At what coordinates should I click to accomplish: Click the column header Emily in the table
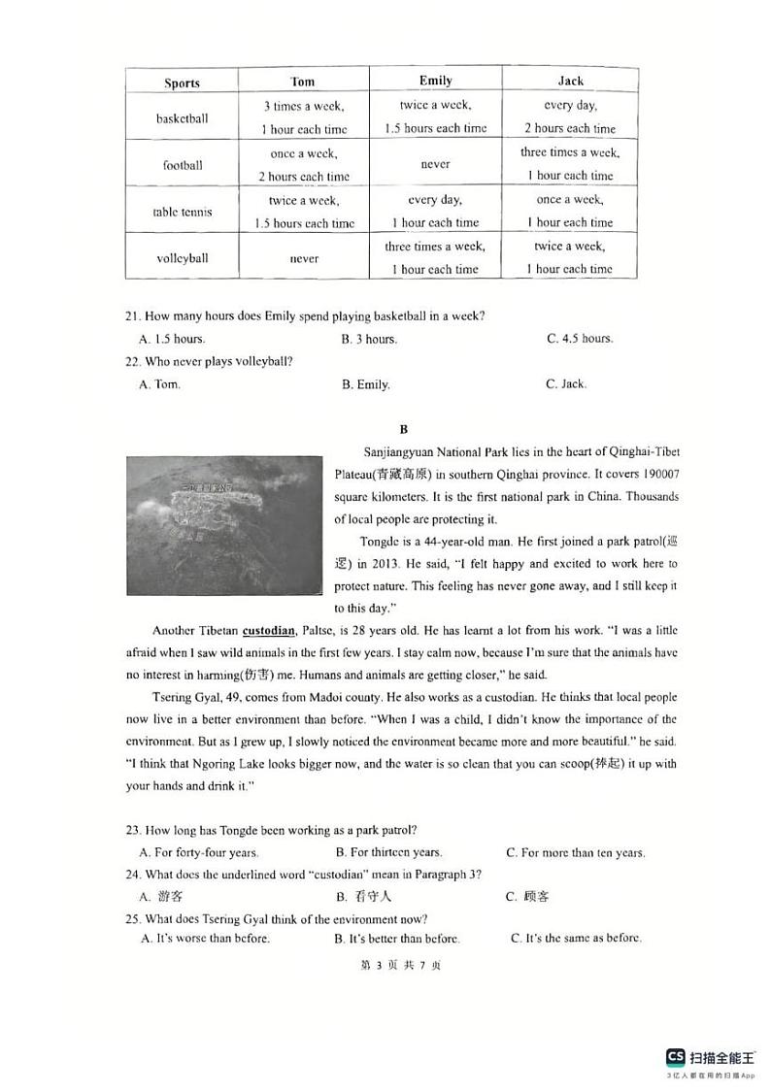[435, 81]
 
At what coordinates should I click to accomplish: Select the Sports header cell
[182, 83]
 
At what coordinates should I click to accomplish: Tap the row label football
[183, 165]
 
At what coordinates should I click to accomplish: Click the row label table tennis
[183, 212]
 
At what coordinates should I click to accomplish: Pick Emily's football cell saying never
[435, 165]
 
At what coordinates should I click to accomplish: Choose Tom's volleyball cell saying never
[304, 259]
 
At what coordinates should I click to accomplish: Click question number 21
[133, 315]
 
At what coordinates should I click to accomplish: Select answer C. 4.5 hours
[580, 339]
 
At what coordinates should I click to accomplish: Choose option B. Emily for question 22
[365, 384]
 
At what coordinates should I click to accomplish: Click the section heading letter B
[404, 429]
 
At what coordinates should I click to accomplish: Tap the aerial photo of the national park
[224, 525]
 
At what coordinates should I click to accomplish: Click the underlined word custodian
[268, 629]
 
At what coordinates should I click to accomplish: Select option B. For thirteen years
[388, 852]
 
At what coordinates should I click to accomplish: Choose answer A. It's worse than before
[205, 939]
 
